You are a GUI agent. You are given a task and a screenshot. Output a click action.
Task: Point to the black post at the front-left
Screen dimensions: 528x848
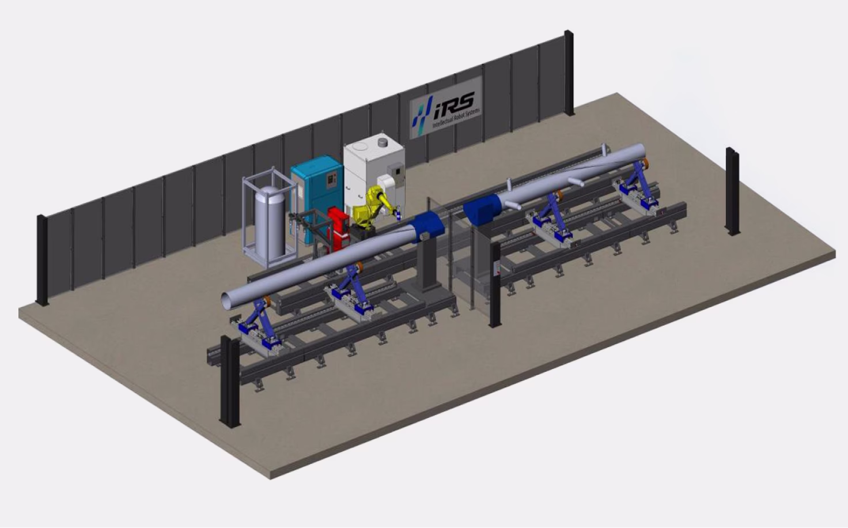tap(230, 381)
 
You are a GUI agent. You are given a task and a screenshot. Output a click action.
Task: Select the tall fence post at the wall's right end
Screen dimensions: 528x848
tap(569, 73)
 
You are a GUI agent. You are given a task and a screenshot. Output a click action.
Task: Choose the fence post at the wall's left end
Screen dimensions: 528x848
tap(41, 260)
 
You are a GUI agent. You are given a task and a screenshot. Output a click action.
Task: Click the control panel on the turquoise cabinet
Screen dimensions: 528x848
tap(331, 179)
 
